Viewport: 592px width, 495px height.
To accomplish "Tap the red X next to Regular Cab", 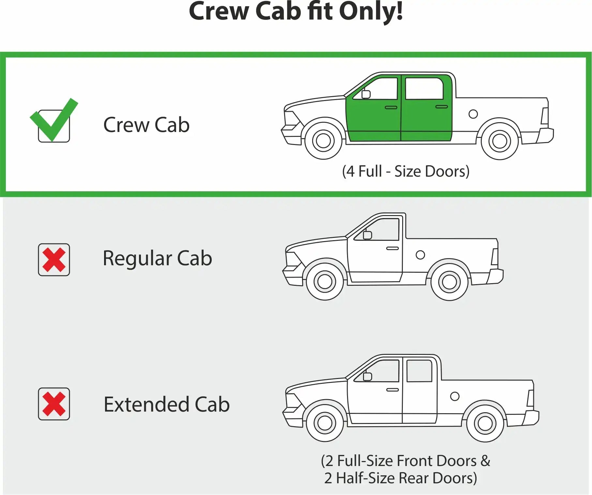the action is click(x=54, y=260).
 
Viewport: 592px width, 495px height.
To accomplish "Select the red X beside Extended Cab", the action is click(x=54, y=404).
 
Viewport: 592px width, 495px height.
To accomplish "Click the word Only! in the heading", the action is click(x=371, y=11).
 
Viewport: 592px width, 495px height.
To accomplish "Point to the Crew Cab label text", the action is click(x=146, y=125).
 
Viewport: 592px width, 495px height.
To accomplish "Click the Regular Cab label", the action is click(x=158, y=258).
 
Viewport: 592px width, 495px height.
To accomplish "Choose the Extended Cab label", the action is click(x=167, y=404).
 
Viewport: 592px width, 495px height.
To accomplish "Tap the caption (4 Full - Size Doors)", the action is click(x=406, y=171).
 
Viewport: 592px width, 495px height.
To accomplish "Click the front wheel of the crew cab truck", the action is click(x=323, y=141).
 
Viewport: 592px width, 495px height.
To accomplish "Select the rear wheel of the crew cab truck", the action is click(x=500, y=141).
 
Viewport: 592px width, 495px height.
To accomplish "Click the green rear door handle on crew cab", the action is click(x=442, y=107).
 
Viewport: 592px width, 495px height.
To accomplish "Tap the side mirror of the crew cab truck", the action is click(x=366, y=94).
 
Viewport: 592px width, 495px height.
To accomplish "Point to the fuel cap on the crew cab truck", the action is click(x=473, y=114).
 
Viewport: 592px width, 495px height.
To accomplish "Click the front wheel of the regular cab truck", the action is click(x=325, y=282).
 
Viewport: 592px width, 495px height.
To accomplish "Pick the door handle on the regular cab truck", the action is click(x=392, y=248).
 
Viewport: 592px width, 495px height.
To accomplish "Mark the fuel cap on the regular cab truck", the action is click(x=420, y=255).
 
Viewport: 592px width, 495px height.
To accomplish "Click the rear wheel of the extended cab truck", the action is click(x=485, y=424).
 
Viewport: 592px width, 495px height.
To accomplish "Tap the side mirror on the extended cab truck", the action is click(x=367, y=376).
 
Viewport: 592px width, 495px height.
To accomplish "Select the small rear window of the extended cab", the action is click(x=419, y=371).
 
